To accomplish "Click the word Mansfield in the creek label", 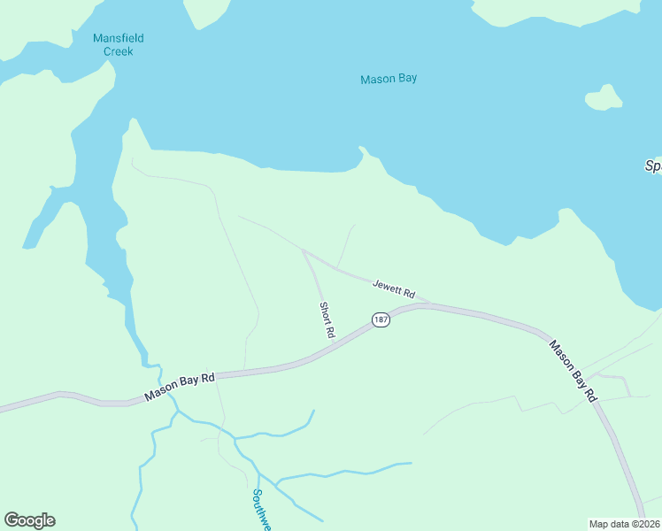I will click(118, 38).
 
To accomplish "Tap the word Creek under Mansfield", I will click(118, 51).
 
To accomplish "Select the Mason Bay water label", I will click(389, 79).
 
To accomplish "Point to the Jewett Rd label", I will click(394, 289).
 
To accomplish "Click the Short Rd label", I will click(327, 319).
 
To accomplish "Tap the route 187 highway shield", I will click(381, 319).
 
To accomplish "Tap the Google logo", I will click(29, 520).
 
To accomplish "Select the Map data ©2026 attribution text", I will click(624, 524).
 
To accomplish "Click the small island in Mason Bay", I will click(604, 97).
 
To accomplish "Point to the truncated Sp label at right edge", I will click(653, 165).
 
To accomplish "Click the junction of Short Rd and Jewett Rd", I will click(304, 252).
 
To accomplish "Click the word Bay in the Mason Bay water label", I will click(407, 79).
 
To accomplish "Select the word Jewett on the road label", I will click(386, 286).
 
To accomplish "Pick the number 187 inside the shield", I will click(381, 319).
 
